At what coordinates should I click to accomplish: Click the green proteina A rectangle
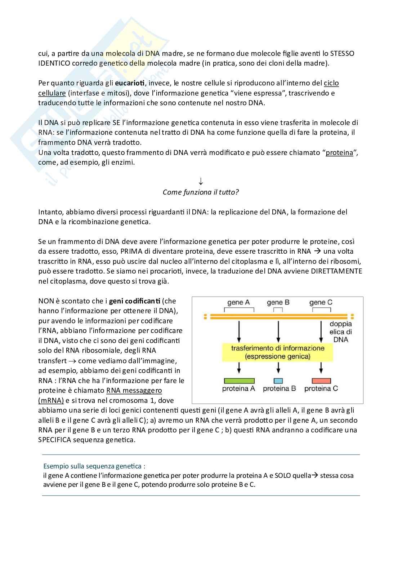[239, 381]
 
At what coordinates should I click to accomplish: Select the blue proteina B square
[278, 381]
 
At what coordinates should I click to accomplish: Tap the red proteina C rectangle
[321, 381]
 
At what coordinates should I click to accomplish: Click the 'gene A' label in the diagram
[238, 302]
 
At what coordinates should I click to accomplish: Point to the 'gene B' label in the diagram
[278, 302]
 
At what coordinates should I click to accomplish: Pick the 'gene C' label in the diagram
[321, 302]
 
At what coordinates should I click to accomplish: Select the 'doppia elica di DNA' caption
[340, 332]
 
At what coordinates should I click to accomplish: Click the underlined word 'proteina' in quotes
[339, 153]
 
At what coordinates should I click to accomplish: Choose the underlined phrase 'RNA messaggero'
[134, 391]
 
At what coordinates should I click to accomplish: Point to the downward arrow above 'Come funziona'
[201, 181]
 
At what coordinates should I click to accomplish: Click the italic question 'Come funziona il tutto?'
[201, 192]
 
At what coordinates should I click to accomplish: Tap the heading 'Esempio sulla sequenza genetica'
[94, 466]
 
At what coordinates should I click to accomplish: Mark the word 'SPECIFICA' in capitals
[54, 440]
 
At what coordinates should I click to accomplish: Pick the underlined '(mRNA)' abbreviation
[51, 401]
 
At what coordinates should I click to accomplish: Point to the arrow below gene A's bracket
[238, 332]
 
